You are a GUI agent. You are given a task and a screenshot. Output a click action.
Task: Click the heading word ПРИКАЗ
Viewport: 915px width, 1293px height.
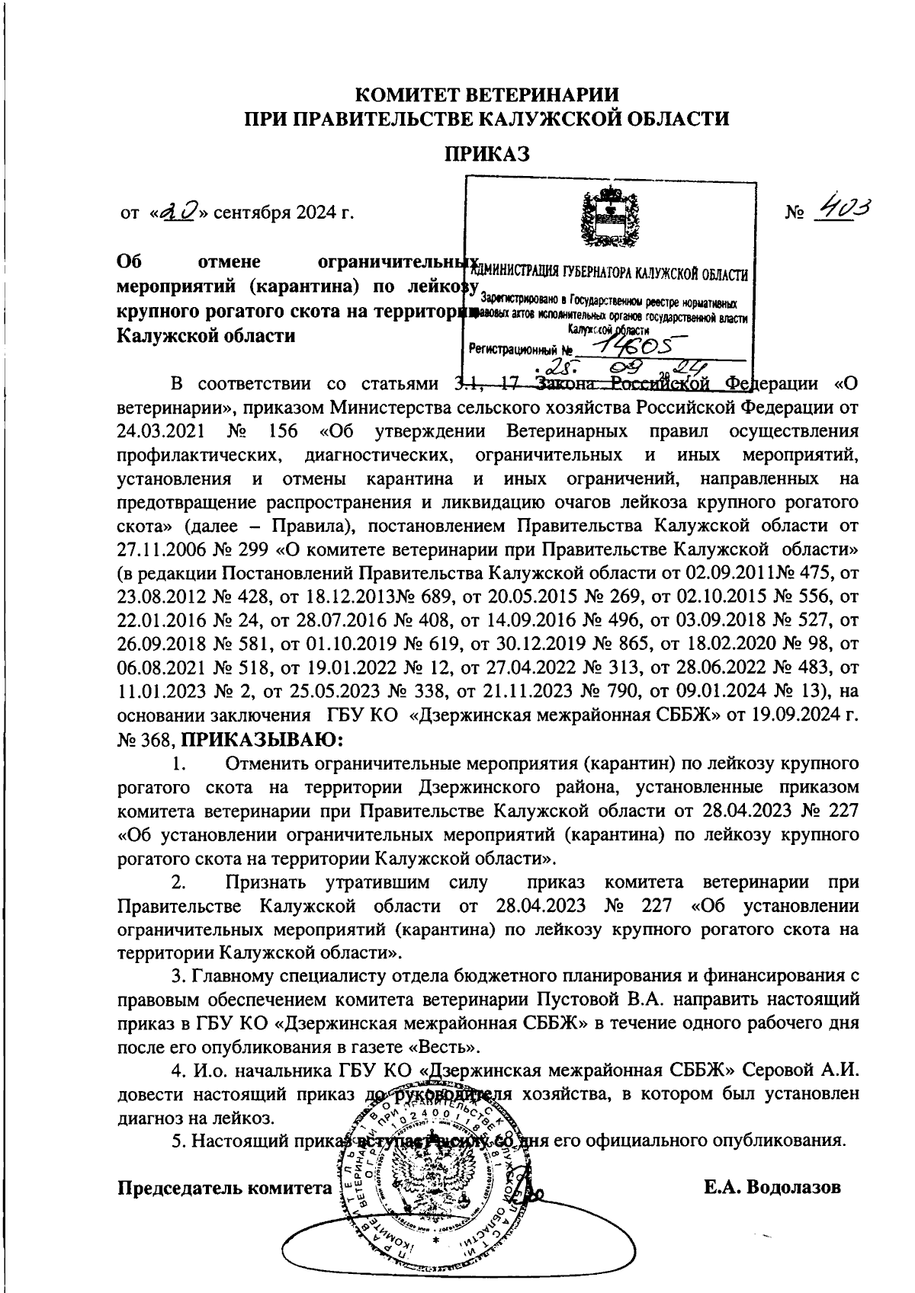point(488,155)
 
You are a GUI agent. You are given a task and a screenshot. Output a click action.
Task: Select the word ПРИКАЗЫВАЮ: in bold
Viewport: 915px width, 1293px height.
point(263,739)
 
